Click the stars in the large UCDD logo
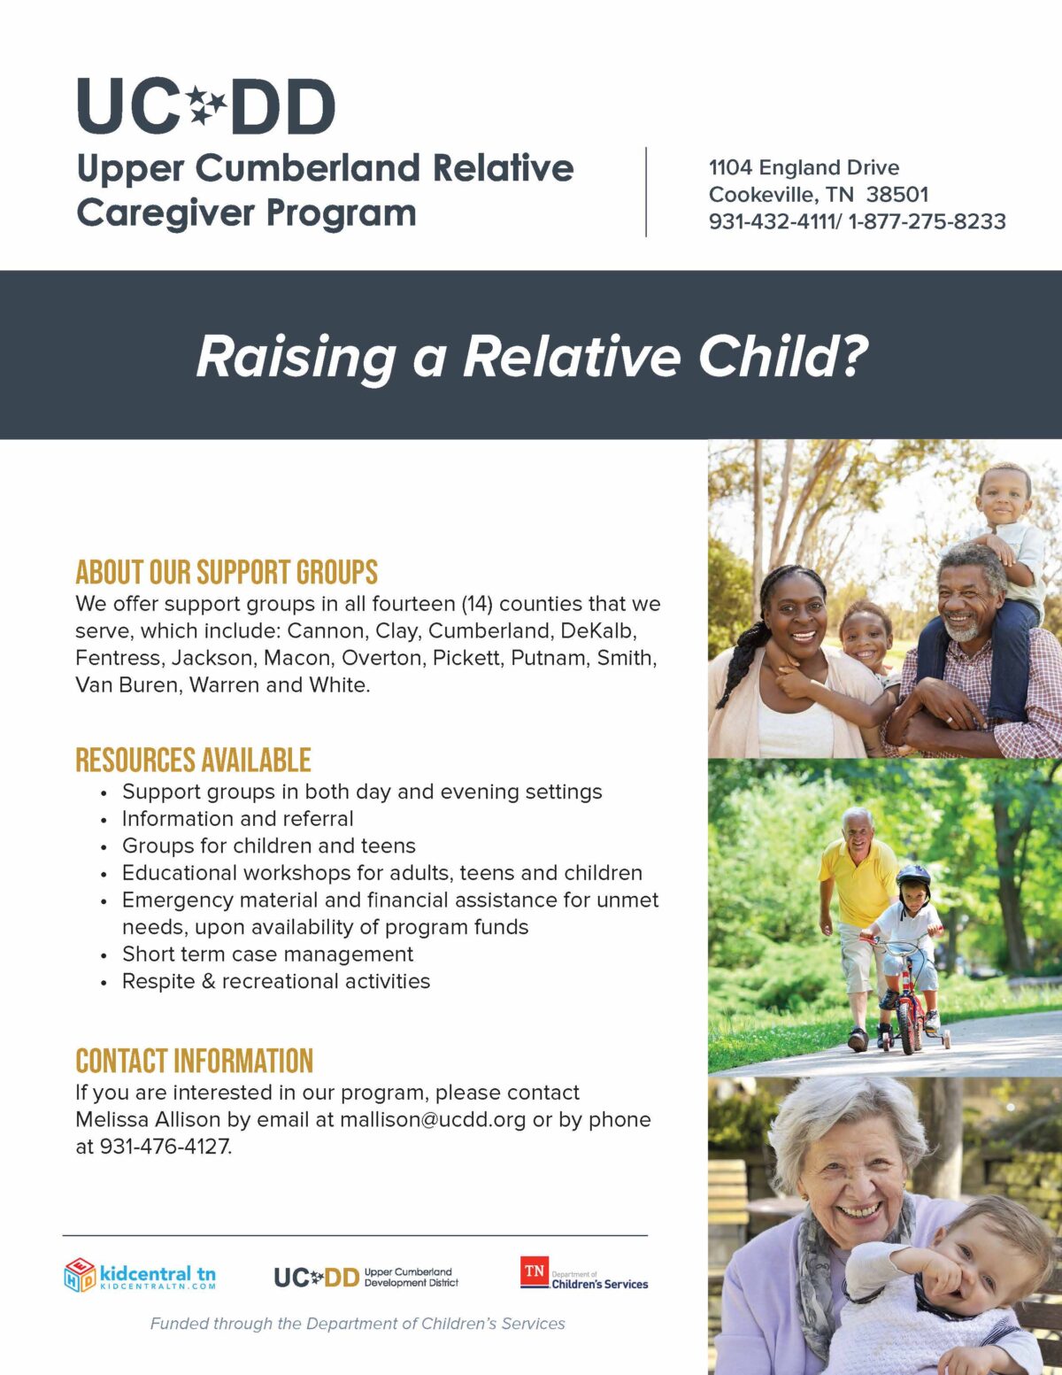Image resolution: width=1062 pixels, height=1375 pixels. tap(207, 105)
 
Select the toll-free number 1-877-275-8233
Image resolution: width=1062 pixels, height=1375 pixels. tap(927, 221)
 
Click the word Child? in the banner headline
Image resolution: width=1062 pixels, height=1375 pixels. tap(782, 356)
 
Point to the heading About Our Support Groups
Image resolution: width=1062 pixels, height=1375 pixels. tap(227, 573)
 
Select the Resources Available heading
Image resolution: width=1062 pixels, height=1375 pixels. tap(193, 761)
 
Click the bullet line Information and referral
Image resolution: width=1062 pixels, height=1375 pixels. tap(237, 819)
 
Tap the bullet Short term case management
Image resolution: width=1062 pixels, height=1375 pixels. tap(267, 954)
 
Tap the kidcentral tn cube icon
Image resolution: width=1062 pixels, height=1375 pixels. tap(80, 1275)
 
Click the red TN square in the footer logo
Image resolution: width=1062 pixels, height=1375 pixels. tap(535, 1271)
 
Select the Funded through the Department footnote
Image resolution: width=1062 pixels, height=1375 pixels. tap(358, 1324)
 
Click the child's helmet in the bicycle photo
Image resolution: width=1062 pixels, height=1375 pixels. tap(913, 877)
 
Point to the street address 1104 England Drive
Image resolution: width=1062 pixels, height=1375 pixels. tap(804, 167)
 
